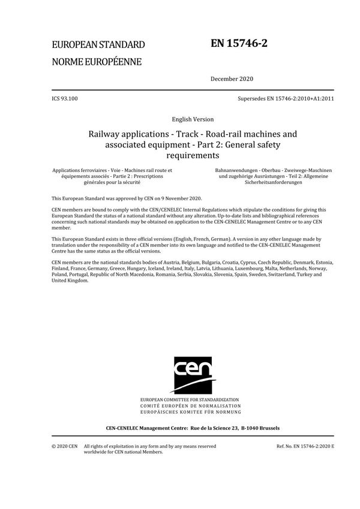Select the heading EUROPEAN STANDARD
98,44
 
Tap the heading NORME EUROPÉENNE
97,61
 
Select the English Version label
180,119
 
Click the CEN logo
189,374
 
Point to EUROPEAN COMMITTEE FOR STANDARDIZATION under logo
190,399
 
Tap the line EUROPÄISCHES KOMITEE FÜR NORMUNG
190,412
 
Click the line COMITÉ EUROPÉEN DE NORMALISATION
190,406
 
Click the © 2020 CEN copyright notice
65,446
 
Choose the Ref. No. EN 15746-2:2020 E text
305,446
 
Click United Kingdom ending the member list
70,281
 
